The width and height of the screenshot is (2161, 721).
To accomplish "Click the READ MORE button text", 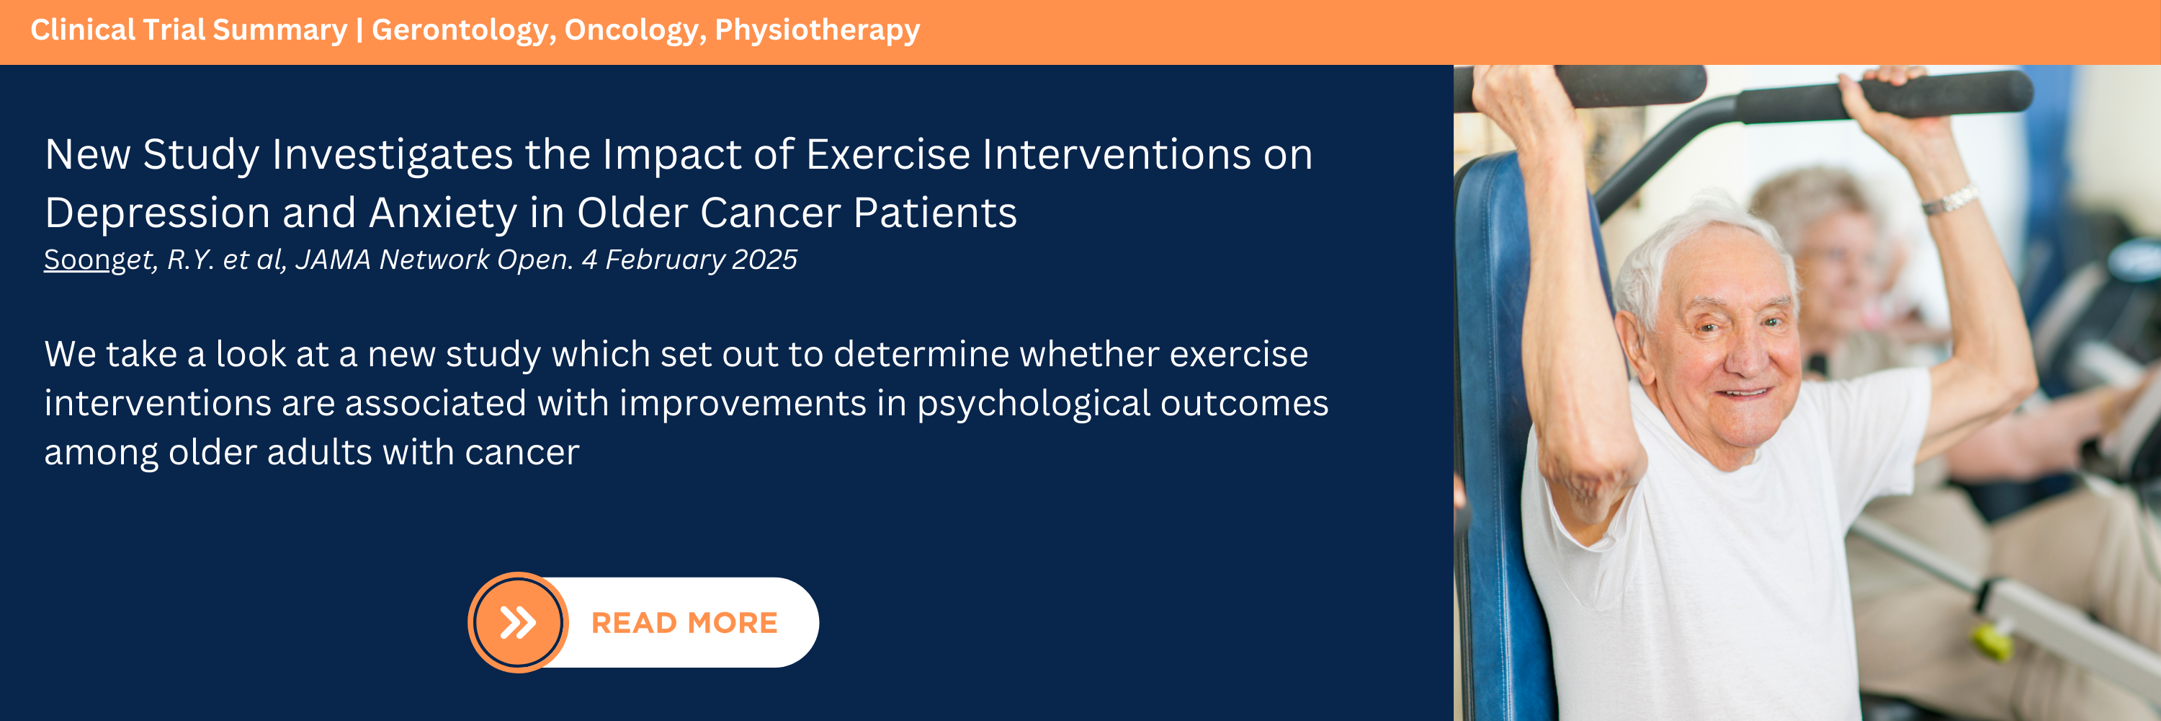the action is pos(684,623).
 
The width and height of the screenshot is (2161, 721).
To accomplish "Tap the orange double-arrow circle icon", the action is pos(518,623).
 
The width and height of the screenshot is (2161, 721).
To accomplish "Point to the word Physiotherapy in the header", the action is pos(817,30).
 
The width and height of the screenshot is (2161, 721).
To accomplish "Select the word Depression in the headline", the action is pos(158,213).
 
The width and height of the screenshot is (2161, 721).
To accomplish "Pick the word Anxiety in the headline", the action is pos(442,213).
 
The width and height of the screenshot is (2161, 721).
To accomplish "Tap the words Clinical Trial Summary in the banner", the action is pos(189,30).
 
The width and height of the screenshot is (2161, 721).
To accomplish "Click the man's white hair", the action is pos(1686,244).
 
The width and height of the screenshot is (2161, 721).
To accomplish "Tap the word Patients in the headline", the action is pos(936,213).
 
